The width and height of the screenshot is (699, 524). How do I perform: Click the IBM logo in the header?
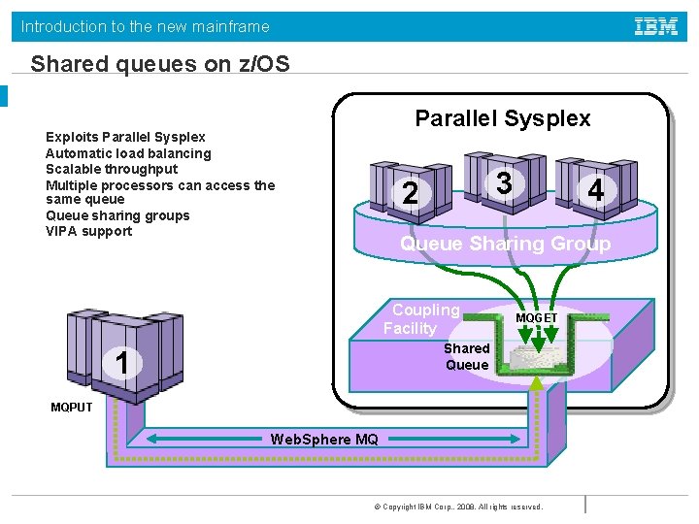656,27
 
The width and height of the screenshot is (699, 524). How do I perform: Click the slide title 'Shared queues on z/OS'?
160,64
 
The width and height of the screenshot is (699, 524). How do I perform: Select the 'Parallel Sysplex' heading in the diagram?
502,118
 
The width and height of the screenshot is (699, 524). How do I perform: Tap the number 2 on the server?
411,194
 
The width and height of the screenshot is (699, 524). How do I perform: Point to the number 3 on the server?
503,181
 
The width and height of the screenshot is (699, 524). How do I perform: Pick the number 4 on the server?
595,191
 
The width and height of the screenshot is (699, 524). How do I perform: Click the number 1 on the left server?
122,362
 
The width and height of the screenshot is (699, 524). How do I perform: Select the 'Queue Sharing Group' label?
505,244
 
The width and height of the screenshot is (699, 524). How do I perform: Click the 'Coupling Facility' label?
422,319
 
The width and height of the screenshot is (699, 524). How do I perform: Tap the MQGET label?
536,317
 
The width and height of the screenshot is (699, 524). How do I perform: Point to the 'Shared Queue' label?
466,356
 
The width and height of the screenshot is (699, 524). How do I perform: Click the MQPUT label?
72,407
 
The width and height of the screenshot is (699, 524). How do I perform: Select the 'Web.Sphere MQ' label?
324,440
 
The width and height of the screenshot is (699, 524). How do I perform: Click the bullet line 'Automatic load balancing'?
128,153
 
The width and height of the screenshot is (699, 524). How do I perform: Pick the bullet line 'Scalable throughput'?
112,169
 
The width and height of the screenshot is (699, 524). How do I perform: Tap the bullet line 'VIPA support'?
88,231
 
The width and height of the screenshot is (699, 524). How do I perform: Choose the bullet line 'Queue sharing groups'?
117,215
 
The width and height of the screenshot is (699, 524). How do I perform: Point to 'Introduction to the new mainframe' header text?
146,27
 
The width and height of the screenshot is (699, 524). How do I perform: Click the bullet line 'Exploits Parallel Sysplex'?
125,138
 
